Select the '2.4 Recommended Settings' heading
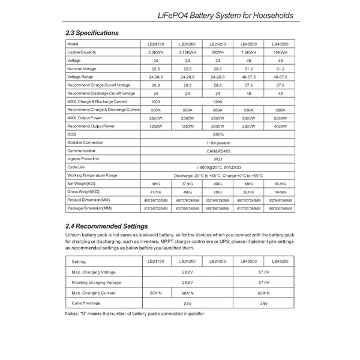tap(107, 226)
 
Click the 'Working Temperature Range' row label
tap(92, 175)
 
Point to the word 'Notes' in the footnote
tap(72, 313)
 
